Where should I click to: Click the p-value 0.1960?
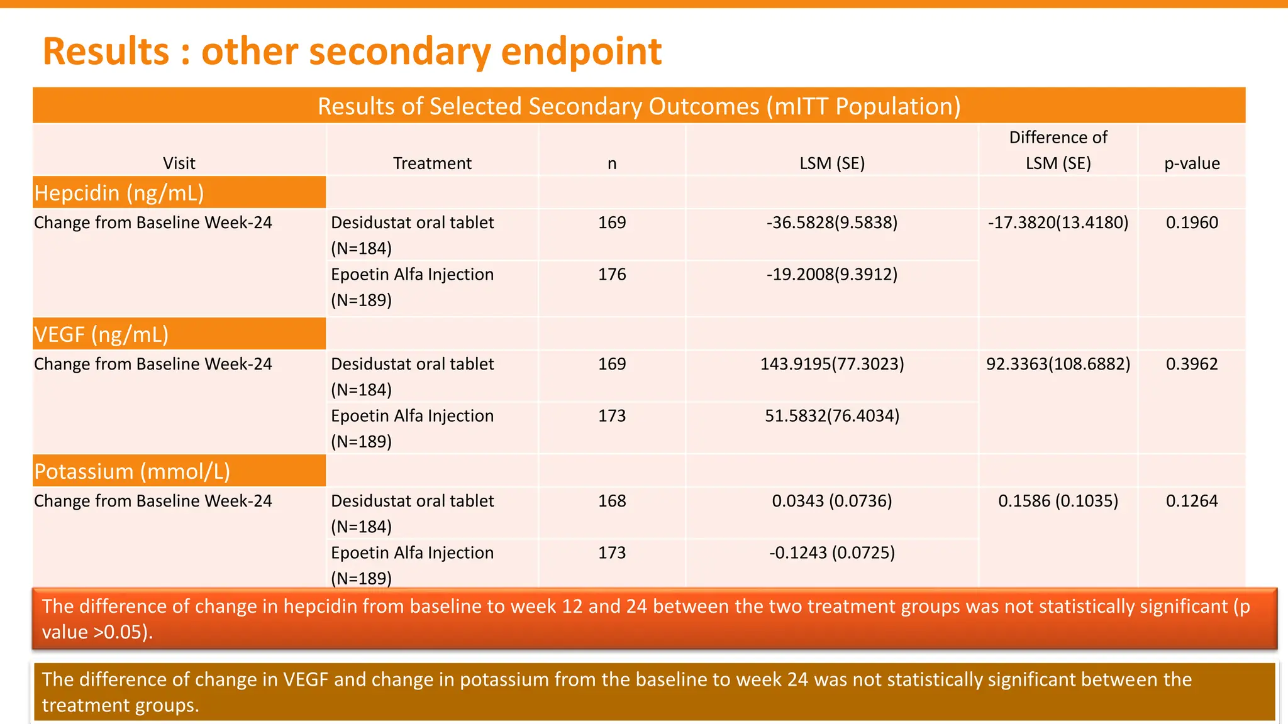(1192, 222)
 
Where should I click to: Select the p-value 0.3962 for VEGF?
(1192, 364)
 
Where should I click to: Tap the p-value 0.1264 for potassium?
(1192, 501)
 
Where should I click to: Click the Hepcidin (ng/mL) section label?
(119, 193)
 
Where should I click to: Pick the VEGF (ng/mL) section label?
(102, 334)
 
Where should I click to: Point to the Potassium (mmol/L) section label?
(132, 471)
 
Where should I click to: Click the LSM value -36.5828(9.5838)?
(832, 222)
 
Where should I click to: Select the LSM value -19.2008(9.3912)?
(832, 274)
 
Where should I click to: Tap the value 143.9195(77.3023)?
(832, 364)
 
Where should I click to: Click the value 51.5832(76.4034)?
(832, 415)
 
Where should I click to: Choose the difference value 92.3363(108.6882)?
(1058, 364)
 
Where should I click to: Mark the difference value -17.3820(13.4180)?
(1058, 222)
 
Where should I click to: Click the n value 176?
(612, 274)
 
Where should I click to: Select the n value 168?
(612, 501)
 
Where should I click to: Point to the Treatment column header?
(432, 163)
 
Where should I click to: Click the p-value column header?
(1192, 163)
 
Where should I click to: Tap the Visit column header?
(179, 163)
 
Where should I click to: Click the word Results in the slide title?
(106, 52)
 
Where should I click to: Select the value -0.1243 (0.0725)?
(832, 552)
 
